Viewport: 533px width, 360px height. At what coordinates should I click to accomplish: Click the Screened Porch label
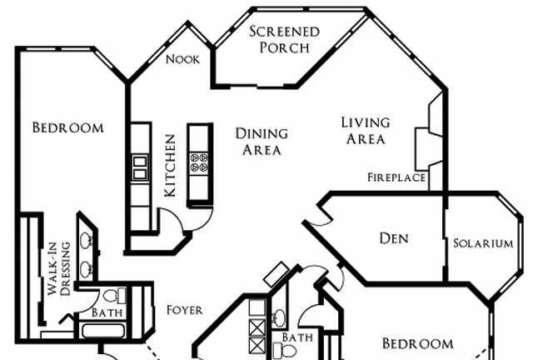284,39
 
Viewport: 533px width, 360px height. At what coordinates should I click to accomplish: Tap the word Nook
182,59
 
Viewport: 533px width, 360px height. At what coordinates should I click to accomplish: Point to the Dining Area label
262,142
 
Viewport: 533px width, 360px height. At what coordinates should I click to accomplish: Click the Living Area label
366,131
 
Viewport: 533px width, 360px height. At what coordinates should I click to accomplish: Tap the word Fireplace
396,177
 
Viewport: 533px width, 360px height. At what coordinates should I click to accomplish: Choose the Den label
394,238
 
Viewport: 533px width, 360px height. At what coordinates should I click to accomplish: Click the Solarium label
483,243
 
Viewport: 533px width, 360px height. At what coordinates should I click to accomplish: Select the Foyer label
184,310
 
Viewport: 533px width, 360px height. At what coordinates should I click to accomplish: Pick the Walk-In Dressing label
58,264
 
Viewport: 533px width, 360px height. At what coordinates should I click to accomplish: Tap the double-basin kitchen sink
140,167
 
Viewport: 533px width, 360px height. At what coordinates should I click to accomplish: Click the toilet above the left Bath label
116,295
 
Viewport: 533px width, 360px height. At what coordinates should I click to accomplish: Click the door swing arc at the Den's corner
318,217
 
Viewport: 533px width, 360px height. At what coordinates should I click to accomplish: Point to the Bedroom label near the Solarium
417,343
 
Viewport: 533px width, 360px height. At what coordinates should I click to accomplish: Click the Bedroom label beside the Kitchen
67,128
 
